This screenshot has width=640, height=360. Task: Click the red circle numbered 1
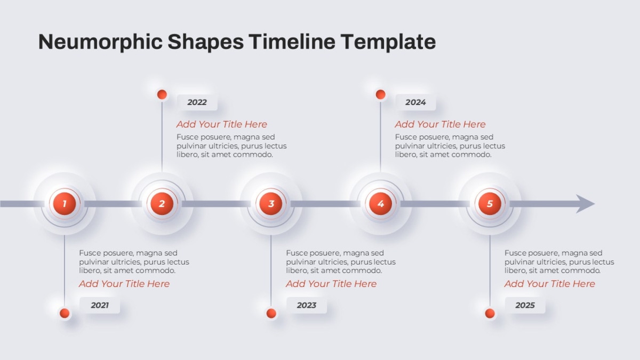[x=65, y=204]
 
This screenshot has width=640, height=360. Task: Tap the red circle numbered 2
[x=162, y=204]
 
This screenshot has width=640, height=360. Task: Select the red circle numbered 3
[x=271, y=204]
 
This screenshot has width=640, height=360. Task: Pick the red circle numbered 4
[x=381, y=204]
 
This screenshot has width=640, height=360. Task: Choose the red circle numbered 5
[x=490, y=204]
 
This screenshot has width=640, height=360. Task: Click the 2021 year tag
[x=100, y=305]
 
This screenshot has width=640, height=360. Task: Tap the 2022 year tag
[x=197, y=102]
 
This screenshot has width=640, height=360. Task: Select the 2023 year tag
[x=307, y=305]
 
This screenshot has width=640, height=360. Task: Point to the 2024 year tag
[x=415, y=102]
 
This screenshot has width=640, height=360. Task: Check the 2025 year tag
[x=525, y=305]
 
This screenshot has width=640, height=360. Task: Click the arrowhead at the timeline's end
[x=585, y=204]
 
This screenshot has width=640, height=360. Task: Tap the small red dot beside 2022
[x=162, y=94]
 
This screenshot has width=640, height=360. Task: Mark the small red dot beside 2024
[x=381, y=94]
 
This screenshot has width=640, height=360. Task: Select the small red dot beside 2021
[x=65, y=313]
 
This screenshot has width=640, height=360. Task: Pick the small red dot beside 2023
[x=271, y=313]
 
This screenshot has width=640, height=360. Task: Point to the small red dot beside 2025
[x=490, y=313]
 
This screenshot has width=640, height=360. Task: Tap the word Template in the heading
[x=388, y=42]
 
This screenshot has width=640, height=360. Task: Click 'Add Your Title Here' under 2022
[x=222, y=124]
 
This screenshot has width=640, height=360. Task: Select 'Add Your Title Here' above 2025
[x=550, y=284]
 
